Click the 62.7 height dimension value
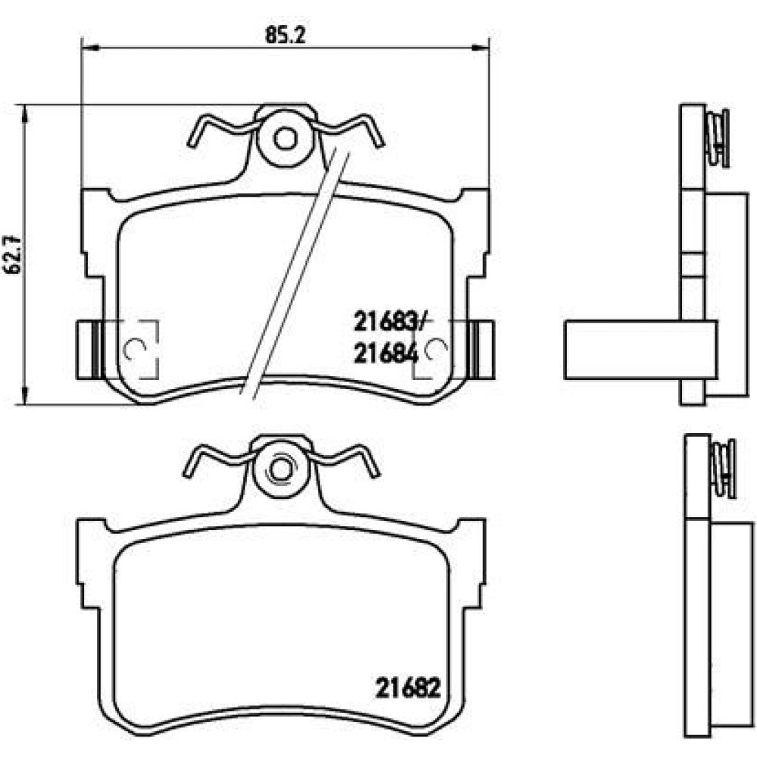[13, 254]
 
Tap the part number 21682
[409, 688]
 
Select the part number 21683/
[391, 322]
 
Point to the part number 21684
[386, 355]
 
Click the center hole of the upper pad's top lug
[285, 139]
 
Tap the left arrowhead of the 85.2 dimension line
[90, 47]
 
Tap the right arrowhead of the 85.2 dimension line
[481, 47]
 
